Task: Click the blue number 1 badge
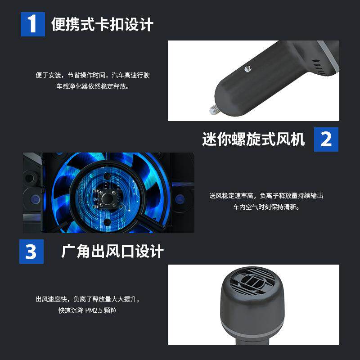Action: pos(33,24)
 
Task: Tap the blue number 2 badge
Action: pos(326,139)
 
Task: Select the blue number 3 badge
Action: pos(31,252)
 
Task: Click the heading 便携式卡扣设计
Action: pos(102,24)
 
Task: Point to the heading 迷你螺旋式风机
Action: pos(253,139)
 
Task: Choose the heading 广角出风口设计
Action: pos(112,252)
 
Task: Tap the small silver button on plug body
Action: pos(247,69)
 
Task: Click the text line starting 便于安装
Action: pos(93,75)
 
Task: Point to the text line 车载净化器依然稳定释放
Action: pos(93,86)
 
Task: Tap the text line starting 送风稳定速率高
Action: pos(266,196)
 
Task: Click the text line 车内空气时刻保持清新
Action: pos(266,207)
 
